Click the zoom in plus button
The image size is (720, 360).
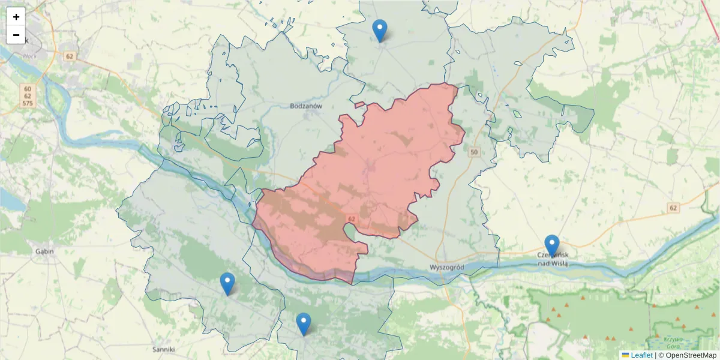pyautogui.click(x=16, y=17)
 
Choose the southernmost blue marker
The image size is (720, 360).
pyautogui.click(x=304, y=324)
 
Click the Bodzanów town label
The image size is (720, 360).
pyautogui.click(x=306, y=106)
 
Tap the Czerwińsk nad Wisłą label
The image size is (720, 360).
pyautogui.click(x=553, y=259)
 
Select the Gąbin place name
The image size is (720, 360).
pyautogui.click(x=44, y=251)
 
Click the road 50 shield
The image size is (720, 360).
pyautogui.click(x=475, y=152)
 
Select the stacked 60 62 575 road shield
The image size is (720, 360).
pyautogui.click(x=28, y=97)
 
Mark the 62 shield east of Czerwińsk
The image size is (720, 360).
pyautogui.click(x=673, y=208)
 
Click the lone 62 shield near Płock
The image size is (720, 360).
pyautogui.click(x=70, y=56)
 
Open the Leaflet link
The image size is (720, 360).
pyautogui.click(x=641, y=355)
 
